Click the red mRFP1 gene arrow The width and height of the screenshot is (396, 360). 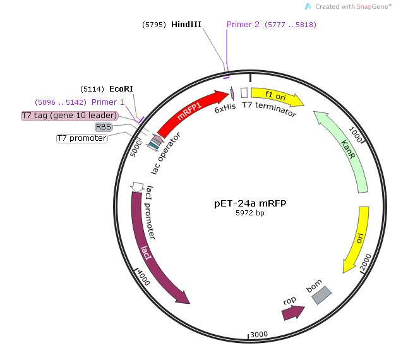(x=189, y=114)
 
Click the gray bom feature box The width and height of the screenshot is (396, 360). (x=321, y=294)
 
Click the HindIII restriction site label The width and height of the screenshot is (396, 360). (x=186, y=25)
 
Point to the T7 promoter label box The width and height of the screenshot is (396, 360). (x=81, y=138)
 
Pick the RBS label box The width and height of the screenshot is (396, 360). (x=103, y=127)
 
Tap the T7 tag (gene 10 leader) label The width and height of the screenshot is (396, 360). (x=69, y=116)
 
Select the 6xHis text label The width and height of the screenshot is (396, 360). (x=224, y=110)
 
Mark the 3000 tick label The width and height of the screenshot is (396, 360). (x=260, y=334)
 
